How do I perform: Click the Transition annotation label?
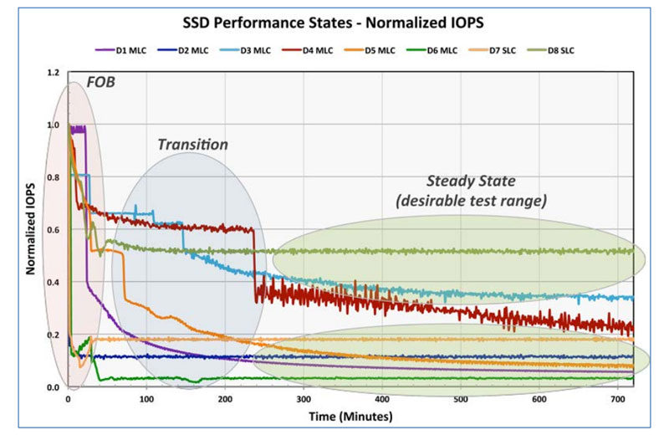pos(192,144)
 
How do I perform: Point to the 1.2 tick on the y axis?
pos(54,73)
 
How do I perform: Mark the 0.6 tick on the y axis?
pos(54,230)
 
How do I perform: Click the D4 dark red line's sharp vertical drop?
pos(254,264)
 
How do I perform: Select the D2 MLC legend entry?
pos(180,50)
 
